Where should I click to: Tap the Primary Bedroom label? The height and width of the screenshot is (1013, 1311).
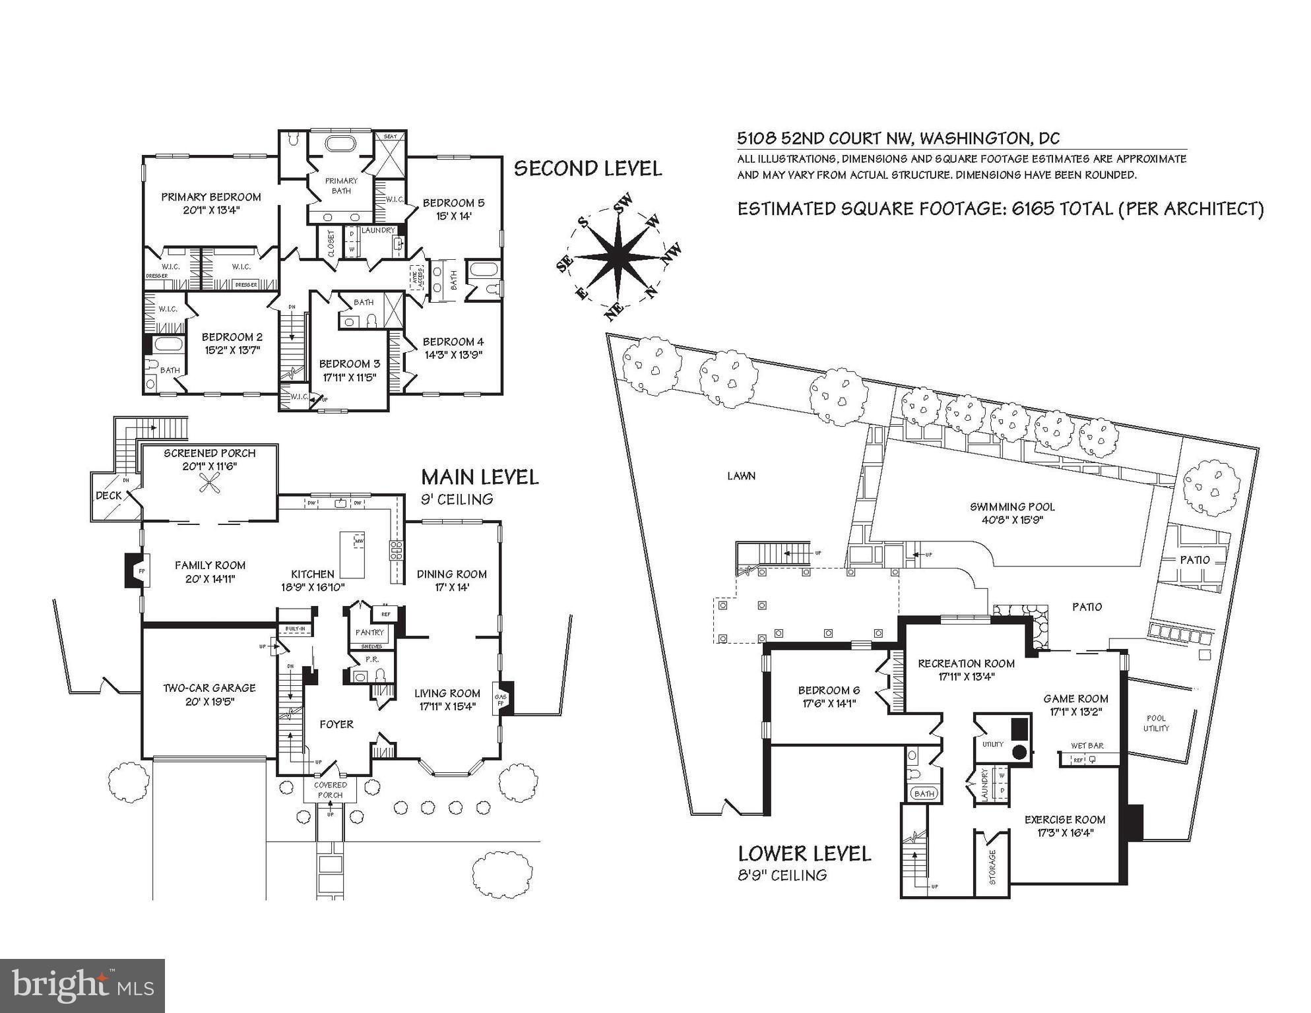point(210,197)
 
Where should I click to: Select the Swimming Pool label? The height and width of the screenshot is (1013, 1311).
point(1012,507)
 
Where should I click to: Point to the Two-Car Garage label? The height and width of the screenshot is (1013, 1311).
point(209,688)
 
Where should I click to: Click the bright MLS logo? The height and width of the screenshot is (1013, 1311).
point(82,985)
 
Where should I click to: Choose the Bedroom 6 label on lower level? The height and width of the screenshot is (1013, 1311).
point(829,691)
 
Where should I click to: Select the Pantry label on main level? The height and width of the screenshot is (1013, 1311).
point(369,632)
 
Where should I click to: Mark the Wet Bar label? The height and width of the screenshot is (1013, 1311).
point(1087,745)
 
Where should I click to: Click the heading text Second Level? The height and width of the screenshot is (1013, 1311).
point(587,169)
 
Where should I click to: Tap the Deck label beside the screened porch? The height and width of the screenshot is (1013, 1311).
point(109,495)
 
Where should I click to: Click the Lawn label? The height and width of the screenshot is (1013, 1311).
point(741,476)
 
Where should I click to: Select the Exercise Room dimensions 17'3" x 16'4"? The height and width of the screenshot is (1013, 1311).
point(1065,833)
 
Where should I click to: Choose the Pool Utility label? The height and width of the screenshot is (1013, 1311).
point(1156,723)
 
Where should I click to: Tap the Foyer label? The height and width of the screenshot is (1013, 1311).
point(336,724)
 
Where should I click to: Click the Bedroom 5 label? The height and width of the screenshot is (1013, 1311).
point(453,203)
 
